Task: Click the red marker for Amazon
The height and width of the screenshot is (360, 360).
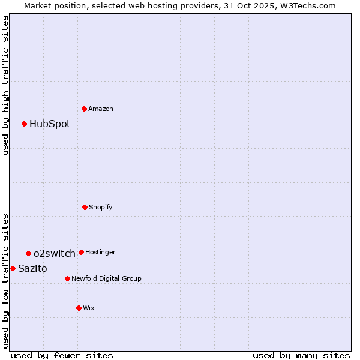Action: point(85,109)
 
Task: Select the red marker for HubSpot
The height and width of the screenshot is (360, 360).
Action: point(25,124)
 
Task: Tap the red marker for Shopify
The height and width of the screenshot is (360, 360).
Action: point(85,207)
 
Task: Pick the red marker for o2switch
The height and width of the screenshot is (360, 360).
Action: point(28,253)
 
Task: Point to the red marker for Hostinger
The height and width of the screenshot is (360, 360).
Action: point(82,252)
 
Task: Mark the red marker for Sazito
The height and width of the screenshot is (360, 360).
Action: point(13,268)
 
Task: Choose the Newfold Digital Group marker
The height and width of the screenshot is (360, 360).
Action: point(67,278)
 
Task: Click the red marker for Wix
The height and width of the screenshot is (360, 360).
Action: point(79,308)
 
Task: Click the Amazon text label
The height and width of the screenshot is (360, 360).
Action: point(101,109)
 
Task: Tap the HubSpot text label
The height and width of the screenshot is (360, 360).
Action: point(50,124)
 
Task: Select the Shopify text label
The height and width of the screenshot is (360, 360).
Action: point(101,207)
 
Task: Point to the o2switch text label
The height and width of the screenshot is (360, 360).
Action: point(55,253)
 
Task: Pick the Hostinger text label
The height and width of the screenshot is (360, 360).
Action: point(101,252)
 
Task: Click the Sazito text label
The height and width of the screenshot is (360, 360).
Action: point(32,268)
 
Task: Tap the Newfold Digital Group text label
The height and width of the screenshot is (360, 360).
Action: point(107,278)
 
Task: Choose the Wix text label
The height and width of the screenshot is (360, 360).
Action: point(89,308)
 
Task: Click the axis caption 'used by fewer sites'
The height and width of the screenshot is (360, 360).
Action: point(62,355)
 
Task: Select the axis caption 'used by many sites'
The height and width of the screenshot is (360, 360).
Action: point(301,355)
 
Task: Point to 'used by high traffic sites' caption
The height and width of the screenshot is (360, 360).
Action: point(6,85)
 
